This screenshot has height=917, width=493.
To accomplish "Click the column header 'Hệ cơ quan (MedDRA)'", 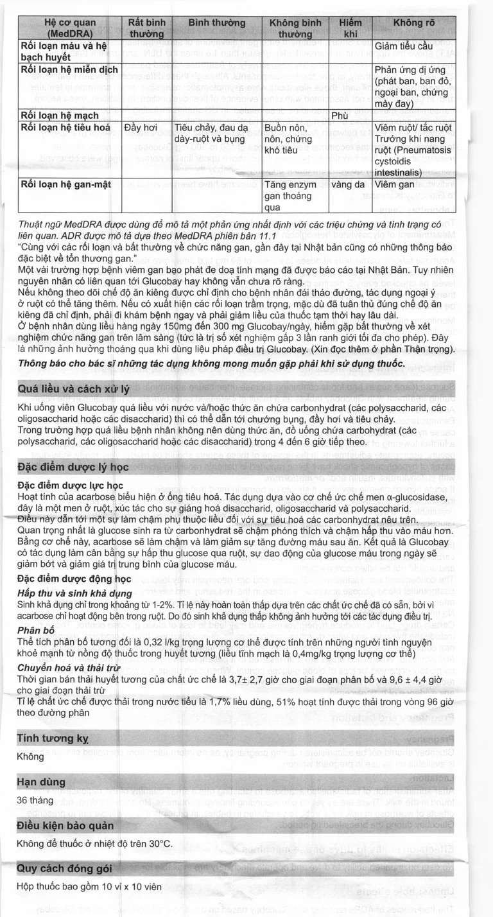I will click(70, 28).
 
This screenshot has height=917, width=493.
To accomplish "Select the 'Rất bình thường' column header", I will click(146, 28).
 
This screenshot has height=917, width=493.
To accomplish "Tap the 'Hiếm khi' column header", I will click(350, 28).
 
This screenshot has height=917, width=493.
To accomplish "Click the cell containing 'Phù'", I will click(356, 116).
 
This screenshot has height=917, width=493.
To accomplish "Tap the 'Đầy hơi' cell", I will click(141, 128).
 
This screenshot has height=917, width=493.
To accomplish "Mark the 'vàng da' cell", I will click(350, 185).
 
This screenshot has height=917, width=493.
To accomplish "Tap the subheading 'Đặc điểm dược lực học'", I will click(70, 485).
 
